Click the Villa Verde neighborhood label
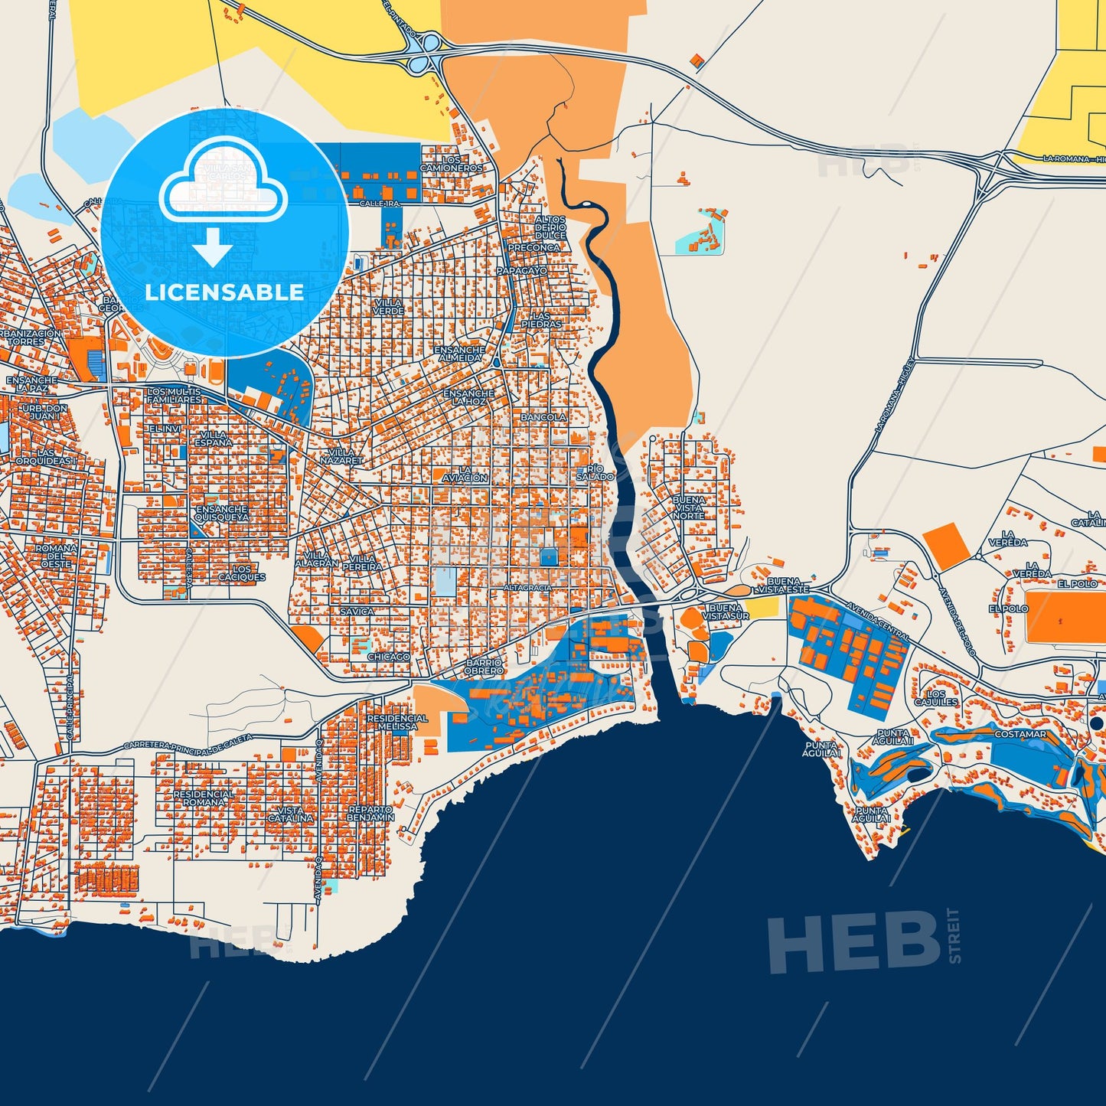click(389, 307)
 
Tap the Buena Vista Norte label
click(688, 507)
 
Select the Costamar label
click(1020, 734)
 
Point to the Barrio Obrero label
click(484, 667)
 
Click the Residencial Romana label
click(204, 798)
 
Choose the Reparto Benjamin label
click(370, 813)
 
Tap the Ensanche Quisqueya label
click(221, 513)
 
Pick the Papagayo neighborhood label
click(522, 271)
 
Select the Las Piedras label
click(541, 320)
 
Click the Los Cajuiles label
click(936, 698)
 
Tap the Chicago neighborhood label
click(388, 657)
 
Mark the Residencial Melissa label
click(397, 722)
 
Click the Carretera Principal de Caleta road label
click(188, 745)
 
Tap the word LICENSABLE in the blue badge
click(224, 292)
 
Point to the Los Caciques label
click(242, 573)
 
